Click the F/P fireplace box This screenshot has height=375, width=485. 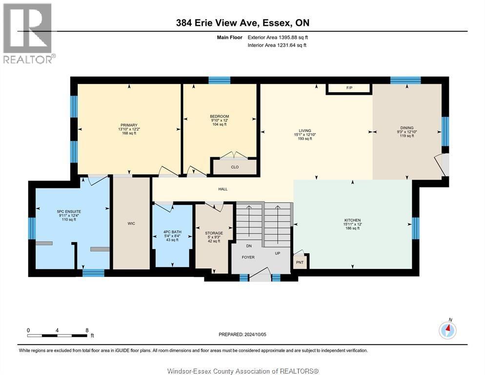click(x=349, y=88)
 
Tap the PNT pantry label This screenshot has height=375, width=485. click(x=300, y=262)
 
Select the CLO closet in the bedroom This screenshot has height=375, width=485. click(x=235, y=167)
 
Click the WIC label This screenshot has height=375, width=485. click(x=131, y=223)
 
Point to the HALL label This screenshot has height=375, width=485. click(x=222, y=189)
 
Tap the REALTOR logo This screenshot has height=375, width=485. click(x=28, y=33)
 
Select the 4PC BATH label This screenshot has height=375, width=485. click(x=172, y=232)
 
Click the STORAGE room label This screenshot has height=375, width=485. click(x=214, y=233)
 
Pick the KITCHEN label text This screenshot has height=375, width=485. click(x=352, y=220)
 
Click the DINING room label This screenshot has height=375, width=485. click(x=407, y=127)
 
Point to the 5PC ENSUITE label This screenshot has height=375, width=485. click(x=69, y=211)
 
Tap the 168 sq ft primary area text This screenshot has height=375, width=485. click(x=129, y=133)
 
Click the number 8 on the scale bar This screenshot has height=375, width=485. click(x=87, y=331)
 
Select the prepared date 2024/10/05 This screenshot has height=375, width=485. click(x=255, y=334)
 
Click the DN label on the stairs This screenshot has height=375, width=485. click(x=249, y=246)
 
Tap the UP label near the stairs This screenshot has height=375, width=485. click(x=278, y=253)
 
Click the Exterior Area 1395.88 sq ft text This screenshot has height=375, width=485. click(x=278, y=38)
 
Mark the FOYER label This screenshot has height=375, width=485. click(x=248, y=257)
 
